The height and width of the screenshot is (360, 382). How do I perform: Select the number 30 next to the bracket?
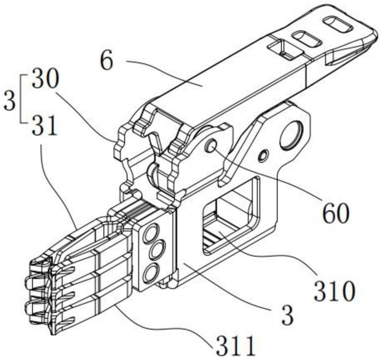pos(45,79)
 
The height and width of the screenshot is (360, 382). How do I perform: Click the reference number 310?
pos(334,291)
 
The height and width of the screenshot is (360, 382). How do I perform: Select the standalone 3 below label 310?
pos(288,316)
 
